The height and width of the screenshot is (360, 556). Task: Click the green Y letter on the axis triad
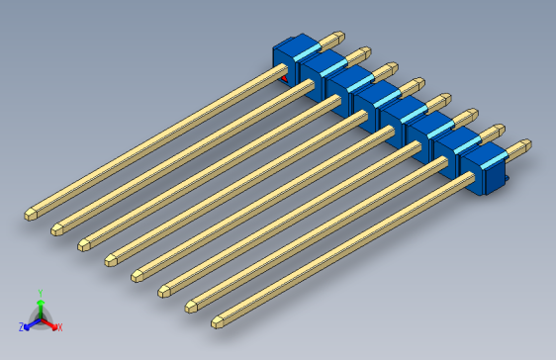pos(40,293)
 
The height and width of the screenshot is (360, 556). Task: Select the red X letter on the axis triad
pos(59,326)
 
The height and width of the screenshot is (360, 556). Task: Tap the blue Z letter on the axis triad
pos(21,326)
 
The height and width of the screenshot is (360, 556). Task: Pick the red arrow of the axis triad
pos(50,322)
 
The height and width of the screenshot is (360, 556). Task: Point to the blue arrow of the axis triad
pos(30,323)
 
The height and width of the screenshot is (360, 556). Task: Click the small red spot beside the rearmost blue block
pos(285,77)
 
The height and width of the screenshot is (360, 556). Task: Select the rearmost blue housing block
pos(293,57)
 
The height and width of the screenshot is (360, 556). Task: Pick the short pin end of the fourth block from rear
pos(419,85)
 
